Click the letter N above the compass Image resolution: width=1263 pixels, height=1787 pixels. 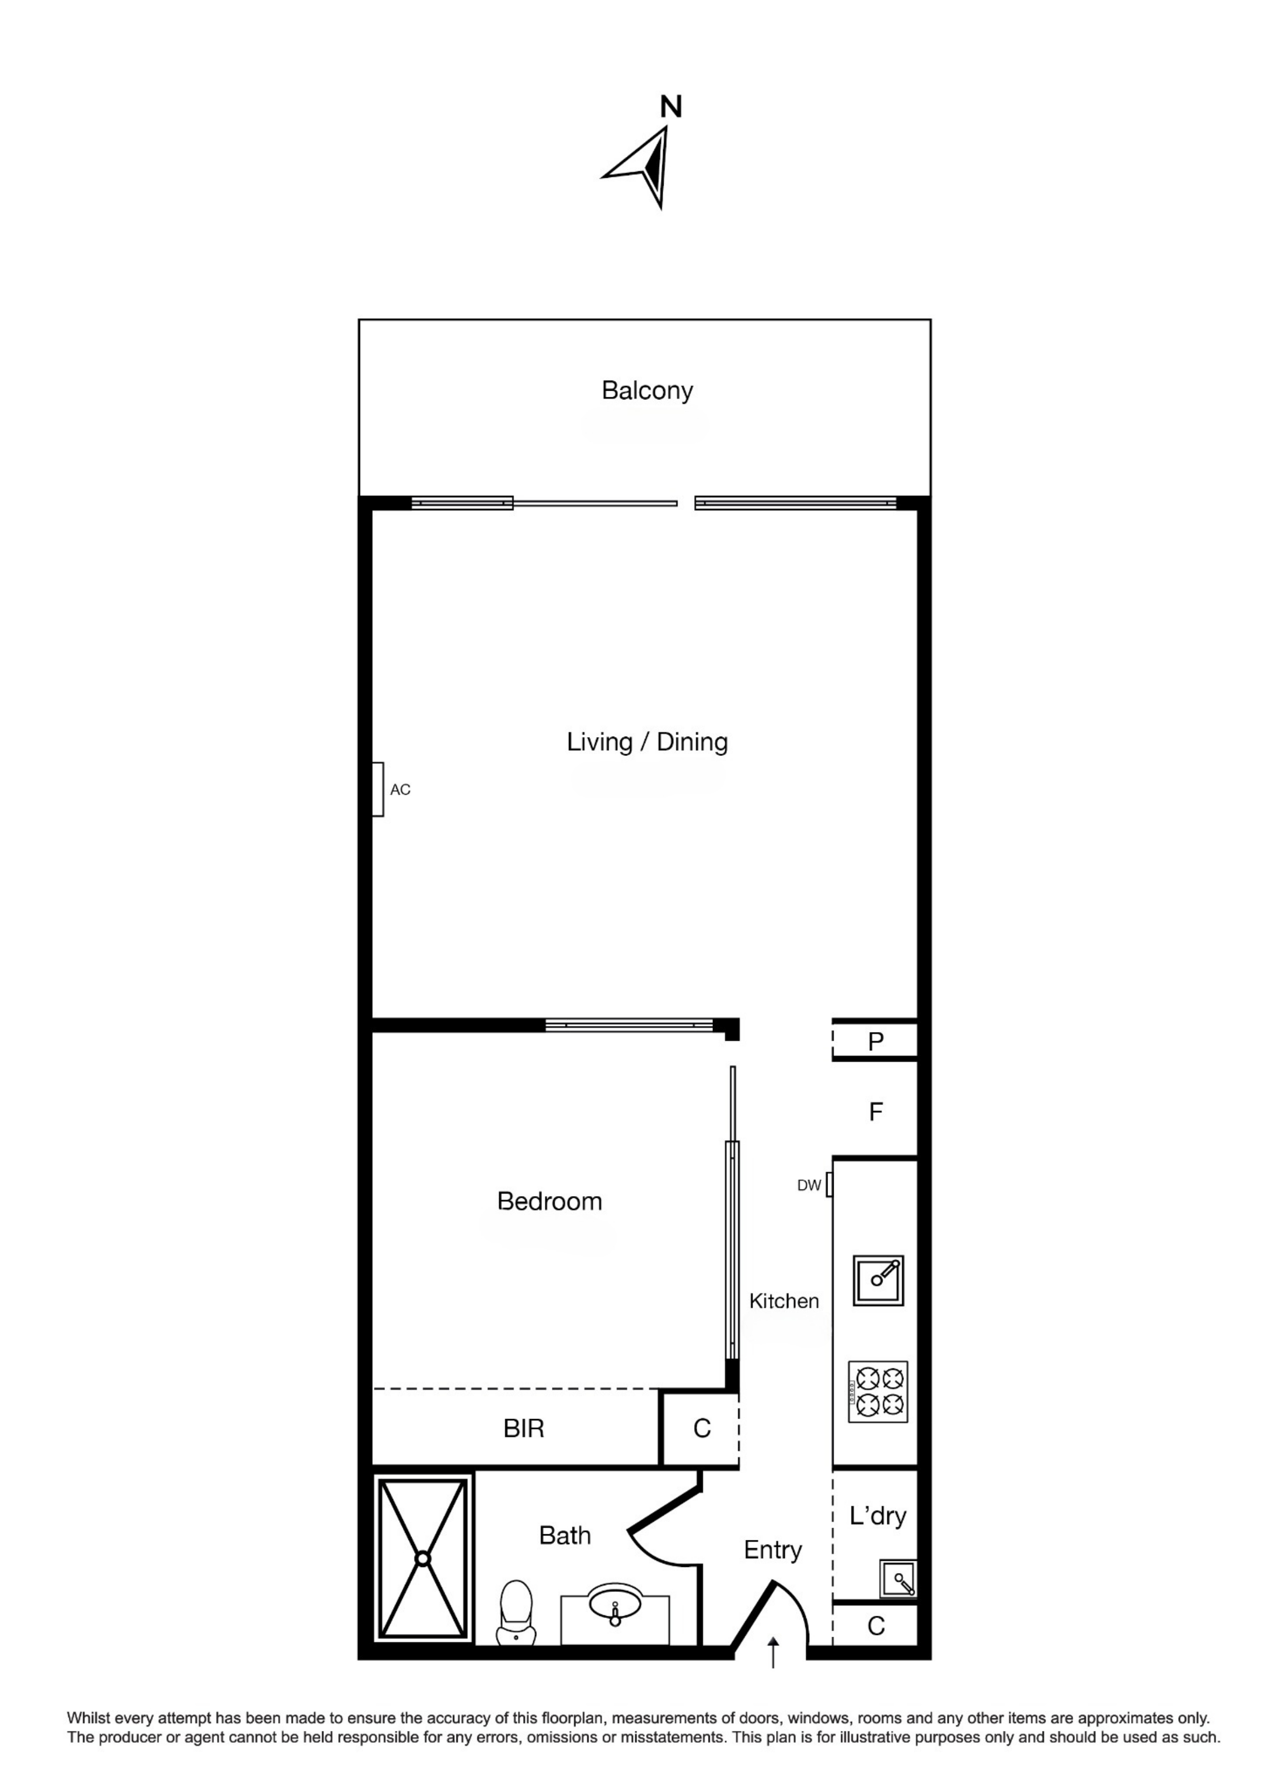coord(671,106)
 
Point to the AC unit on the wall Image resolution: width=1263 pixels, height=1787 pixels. coord(377,789)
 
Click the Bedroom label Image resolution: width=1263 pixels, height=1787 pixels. coord(550,1201)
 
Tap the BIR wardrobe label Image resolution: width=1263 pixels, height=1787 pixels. coord(524,1428)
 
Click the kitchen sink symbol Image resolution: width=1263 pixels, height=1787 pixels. coord(878,1280)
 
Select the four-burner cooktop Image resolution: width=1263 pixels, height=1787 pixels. coord(878,1392)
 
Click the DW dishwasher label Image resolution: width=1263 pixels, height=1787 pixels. coord(809,1185)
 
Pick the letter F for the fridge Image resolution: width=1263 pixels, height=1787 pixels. coord(875,1112)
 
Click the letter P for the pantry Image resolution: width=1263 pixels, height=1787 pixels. coord(875,1041)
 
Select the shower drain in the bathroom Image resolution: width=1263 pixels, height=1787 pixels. coord(423,1559)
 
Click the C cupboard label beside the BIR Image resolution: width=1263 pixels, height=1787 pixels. coord(702,1428)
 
